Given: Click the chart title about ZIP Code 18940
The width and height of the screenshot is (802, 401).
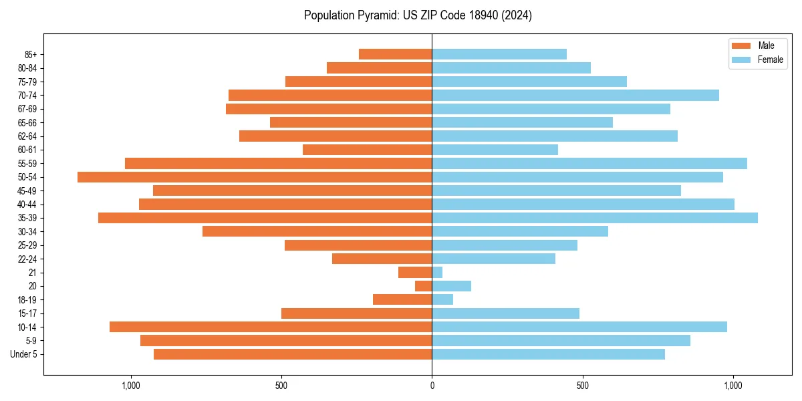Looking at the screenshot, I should (x=418, y=15).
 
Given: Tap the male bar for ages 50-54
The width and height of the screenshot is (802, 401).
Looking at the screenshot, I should (x=254, y=177).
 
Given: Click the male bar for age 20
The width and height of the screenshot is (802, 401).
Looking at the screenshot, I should (x=424, y=286).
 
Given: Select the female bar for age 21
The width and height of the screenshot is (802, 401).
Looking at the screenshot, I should (x=437, y=273).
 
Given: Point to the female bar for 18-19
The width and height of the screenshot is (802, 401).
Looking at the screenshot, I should (x=442, y=299).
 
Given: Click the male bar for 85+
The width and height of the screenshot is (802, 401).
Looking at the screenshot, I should (x=396, y=54).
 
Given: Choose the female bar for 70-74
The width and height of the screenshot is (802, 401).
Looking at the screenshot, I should (x=575, y=95).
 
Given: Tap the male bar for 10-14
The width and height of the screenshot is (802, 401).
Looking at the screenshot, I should (x=271, y=327).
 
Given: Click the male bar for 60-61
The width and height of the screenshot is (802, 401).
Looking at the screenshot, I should (x=368, y=150).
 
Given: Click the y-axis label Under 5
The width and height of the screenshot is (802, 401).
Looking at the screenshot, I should (x=24, y=354).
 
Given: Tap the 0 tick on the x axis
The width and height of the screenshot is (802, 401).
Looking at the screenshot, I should (x=432, y=386).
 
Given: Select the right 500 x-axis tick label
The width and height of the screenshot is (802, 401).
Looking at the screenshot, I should (x=583, y=386).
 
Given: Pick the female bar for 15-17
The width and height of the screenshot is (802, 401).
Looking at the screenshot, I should (x=505, y=313).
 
